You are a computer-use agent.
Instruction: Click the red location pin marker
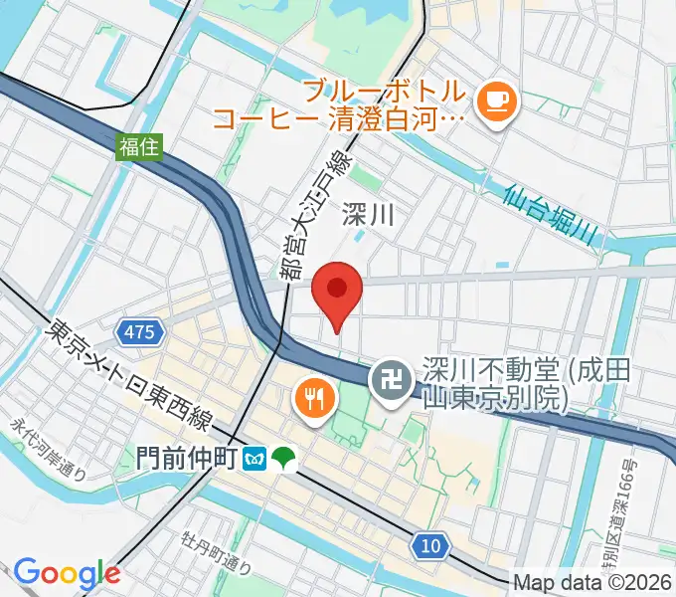click(337, 292)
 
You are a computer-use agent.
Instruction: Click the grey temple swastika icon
click(388, 379)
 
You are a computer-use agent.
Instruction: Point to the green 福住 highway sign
click(139, 147)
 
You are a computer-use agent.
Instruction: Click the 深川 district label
click(369, 213)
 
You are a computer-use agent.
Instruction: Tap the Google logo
click(67, 573)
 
